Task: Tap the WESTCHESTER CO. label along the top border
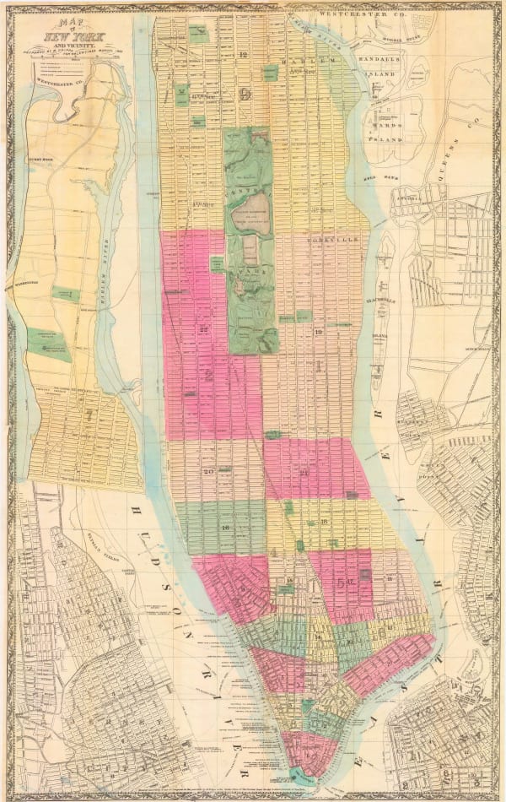[x=414, y=14]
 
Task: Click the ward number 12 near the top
[x=243, y=55]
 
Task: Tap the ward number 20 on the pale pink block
[x=207, y=471]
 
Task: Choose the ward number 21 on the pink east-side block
[x=304, y=461]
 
